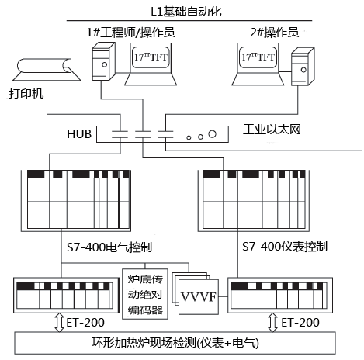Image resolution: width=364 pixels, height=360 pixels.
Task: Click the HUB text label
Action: [79, 133]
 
